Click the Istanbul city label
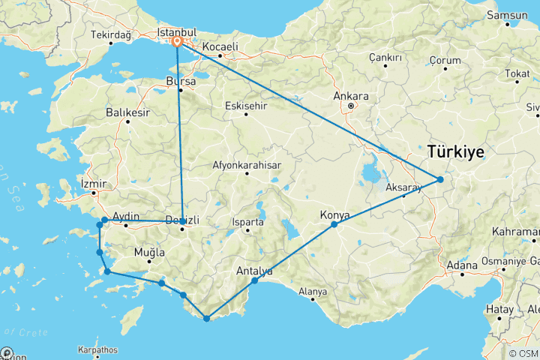click(175, 32)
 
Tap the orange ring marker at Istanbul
click(177, 43)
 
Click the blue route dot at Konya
click(334, 224)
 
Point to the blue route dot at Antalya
click(255, 280)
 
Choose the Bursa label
click(183, 80)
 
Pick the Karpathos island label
click(97, 349)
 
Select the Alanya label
click(313, 291)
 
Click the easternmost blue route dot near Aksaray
click(440, 179)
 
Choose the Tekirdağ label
click(110, 35)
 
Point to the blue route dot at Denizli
click(182, 221)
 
